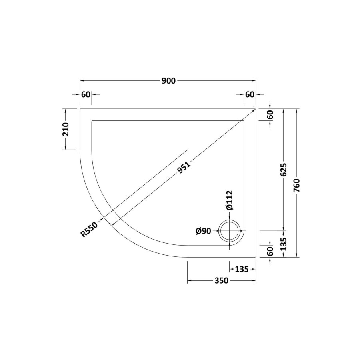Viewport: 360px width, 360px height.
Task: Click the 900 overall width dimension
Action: (x=168, y=81)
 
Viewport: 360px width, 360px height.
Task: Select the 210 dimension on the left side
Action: (x=66, y=129)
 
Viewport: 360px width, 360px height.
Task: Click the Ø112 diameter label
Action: (x=229, y=200)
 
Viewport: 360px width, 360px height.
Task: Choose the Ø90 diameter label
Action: (x=203, y=231)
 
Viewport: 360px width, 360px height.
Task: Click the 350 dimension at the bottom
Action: (x=221, y=281)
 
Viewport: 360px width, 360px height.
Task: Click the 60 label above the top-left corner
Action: (x=86, y=94)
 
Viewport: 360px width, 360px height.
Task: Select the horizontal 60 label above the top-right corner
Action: (x=250, y=94)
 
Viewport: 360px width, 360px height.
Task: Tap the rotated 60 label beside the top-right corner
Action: (x=270, y=114)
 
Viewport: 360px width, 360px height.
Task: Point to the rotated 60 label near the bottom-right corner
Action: (x=270, y=251)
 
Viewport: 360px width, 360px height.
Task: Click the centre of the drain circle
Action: (x=230, y=231)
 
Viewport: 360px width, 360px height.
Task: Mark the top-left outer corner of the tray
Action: (x=80, y=108)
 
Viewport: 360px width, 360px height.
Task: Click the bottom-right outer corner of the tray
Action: (x=256, y=257)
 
